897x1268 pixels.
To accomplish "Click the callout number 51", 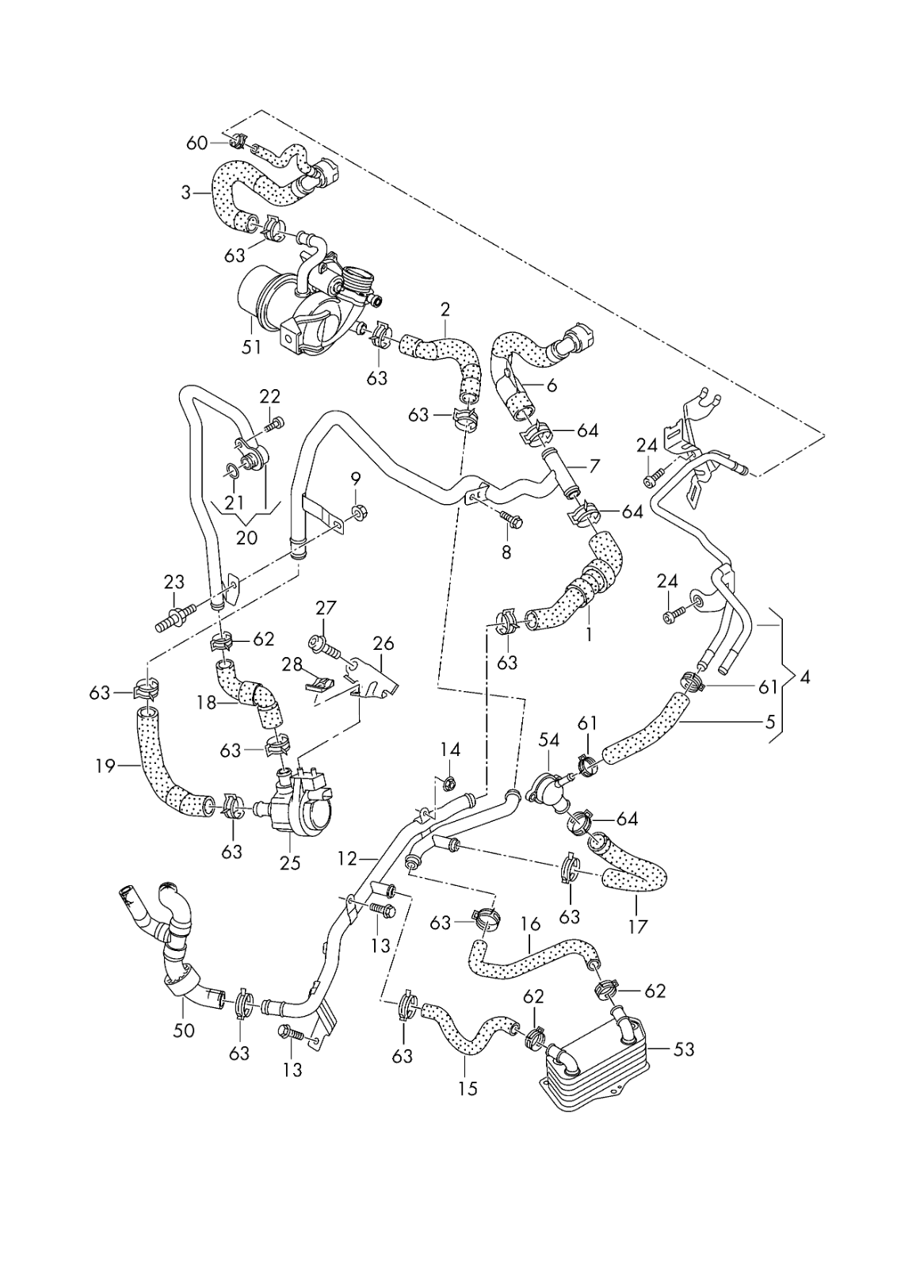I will [x=251, y=348].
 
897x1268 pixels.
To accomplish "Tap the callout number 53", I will [x=683, y=1049].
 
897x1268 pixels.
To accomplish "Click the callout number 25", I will [x=290, y=861].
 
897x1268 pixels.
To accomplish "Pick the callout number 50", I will [x=185, y=1030].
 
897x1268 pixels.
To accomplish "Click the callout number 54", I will [x=549, y=740].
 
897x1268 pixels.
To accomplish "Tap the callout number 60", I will [x=196, y=143].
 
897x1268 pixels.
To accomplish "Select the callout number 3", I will [x=186, y=193].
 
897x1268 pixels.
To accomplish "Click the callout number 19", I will [x=105, y=766].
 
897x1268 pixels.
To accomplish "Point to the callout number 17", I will [x=637, y=926].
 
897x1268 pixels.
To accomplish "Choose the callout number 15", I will [x=468, y=1088].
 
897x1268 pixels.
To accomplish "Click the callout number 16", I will [x=530, y=924].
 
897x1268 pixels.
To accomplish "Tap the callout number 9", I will [x=355, y=479].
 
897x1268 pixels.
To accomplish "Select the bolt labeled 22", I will [x=275, y=426].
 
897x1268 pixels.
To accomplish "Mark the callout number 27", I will [x=326, y=609].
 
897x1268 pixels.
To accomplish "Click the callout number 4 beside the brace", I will [x=805, y=678].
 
